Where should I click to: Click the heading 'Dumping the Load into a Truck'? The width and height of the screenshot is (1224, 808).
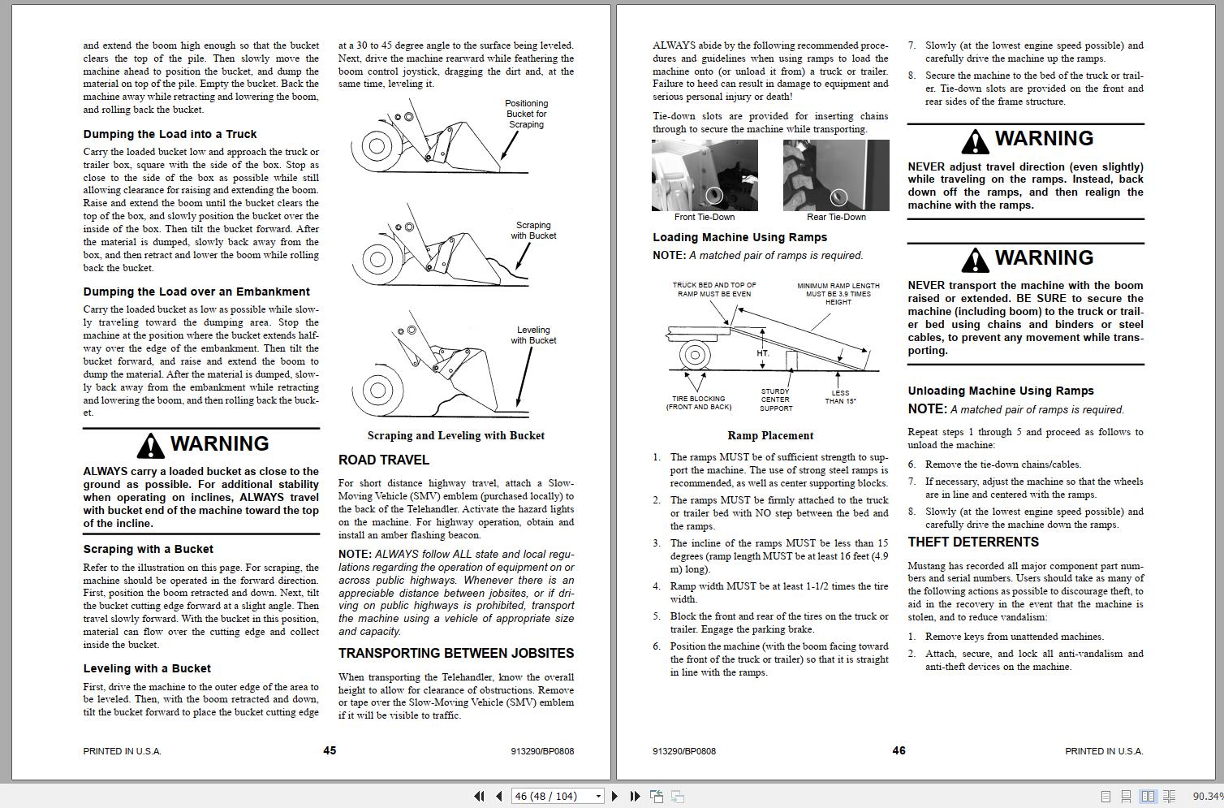(x=170, y=134)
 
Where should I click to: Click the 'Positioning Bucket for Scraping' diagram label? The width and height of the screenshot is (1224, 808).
(x=526, y=114)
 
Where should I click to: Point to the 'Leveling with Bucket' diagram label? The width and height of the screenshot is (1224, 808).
(x=533, y=335)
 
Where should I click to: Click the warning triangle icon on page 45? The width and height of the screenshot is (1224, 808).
(x=150, y=445)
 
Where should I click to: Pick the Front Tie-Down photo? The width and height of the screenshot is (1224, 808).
(x=705, y=175)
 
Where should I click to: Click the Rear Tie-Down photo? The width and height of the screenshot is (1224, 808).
(x=836, y=175)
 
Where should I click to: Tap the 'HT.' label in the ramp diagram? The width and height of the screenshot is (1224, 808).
(x=763, y=353)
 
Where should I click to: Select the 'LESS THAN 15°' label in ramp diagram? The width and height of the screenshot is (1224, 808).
(x=840, y=397)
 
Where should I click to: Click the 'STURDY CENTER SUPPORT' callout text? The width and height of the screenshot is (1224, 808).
(x=775, y=400)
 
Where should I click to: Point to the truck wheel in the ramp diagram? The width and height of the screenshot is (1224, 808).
(x=695, y=355)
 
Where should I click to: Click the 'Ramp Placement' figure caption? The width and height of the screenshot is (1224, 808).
(x=770, y=435)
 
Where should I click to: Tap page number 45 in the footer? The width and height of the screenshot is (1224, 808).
(x=330, y=750)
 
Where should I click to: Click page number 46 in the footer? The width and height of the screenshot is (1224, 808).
(x=899, y=750)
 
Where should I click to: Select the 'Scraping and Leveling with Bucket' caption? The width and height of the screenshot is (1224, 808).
(x=455, y=435)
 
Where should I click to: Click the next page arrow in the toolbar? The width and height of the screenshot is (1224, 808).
(x=614, y=797)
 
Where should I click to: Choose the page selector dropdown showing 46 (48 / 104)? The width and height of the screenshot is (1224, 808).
(x=557, y=797)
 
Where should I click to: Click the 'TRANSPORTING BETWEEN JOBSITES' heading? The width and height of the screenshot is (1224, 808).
(x=455, y=653)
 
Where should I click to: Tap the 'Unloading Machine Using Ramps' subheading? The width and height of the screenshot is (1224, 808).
(x=1000, y=391)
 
